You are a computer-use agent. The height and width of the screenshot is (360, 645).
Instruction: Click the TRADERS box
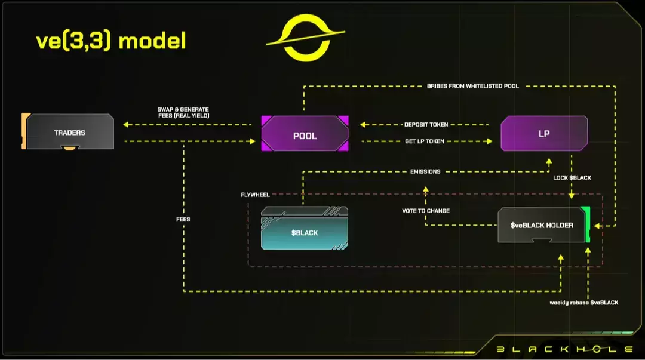70,132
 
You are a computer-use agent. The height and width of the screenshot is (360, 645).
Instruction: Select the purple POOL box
305,135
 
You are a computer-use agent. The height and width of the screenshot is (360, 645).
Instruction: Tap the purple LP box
543,133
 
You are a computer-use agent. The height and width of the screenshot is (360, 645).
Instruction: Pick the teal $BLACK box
305,232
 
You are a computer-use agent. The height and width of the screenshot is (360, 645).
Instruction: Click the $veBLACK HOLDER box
542,225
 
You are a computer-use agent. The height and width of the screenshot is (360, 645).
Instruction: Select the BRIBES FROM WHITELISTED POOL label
472,86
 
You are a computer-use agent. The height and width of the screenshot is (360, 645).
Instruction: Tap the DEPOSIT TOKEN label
426,124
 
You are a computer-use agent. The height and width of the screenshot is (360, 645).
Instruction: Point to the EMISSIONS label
425,171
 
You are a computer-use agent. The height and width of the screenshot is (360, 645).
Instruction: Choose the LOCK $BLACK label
572,178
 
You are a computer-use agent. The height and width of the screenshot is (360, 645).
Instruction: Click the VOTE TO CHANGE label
426,211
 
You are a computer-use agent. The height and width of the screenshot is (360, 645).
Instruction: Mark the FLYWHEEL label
255,194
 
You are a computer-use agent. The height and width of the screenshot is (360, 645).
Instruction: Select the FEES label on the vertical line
183,219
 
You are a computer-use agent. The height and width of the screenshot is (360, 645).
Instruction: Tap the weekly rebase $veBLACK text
583,303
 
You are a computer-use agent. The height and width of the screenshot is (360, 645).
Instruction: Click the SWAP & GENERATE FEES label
183,112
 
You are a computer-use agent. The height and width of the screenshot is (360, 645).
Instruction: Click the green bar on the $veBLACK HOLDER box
588,224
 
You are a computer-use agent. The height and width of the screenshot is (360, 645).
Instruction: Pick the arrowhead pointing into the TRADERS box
126,124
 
